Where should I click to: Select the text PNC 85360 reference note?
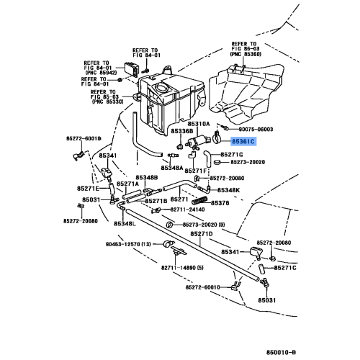click(x=246, y=54)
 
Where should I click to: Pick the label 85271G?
click(x=233, y=154)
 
